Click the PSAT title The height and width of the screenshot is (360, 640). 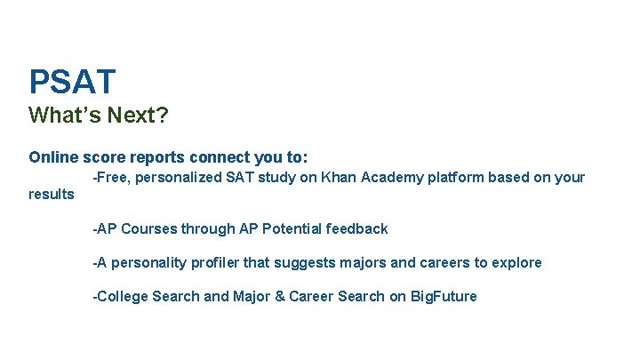(x=72, y=83)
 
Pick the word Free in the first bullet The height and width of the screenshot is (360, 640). (x=111, y=177)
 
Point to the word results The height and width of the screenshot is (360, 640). (x=52, y=194)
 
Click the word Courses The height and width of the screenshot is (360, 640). (x=148, y=229)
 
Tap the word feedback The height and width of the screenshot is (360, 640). (x=357, y=229)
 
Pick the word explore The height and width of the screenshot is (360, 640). (x=516, y=263)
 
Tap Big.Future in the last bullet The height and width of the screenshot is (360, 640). (x=444, y=297)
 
